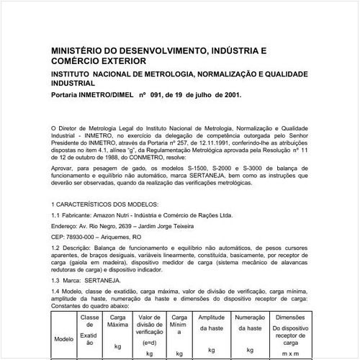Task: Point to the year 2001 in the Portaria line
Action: (x=230, y=94)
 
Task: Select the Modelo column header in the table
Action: (x=64, y=338)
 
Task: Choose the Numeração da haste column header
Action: (x=251, y=322)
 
